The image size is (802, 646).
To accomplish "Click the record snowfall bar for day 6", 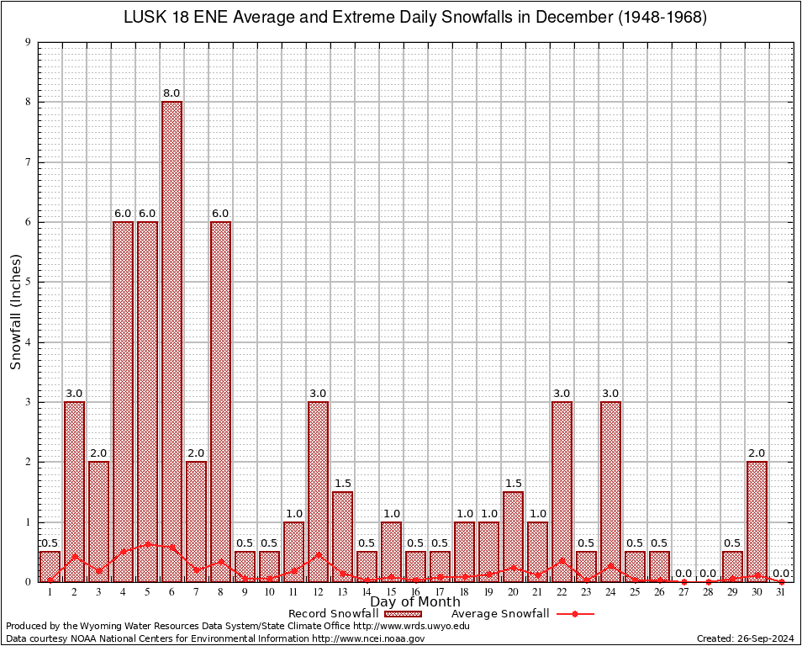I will click(x=171, y=341).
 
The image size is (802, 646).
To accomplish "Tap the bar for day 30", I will click(x=757, y=522).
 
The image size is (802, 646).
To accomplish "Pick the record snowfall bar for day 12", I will click(x=318, y=491).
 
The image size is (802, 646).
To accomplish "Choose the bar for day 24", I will click(x=610, y=491).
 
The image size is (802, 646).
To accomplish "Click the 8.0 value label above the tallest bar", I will click(x=171, y=93).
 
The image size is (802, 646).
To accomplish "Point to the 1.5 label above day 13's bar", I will click(x=342, y=484).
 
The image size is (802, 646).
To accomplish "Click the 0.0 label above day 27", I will click(x=683, y=574).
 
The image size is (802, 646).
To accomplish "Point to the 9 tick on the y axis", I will click(x=29, y=42).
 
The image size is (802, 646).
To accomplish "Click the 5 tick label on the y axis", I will click(x=29, y=282).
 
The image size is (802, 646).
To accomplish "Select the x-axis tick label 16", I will click(x=415, y=592).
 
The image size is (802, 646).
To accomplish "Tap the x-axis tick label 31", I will click(x=781, y=592).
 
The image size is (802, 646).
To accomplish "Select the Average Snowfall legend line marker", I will click(x=575, y=614).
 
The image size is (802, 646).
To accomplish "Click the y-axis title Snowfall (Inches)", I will click(x=15, y=312).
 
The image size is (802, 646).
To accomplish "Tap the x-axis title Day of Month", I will click(x=415, y=602).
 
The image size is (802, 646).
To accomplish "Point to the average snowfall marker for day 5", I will click(x=147, y=544).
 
